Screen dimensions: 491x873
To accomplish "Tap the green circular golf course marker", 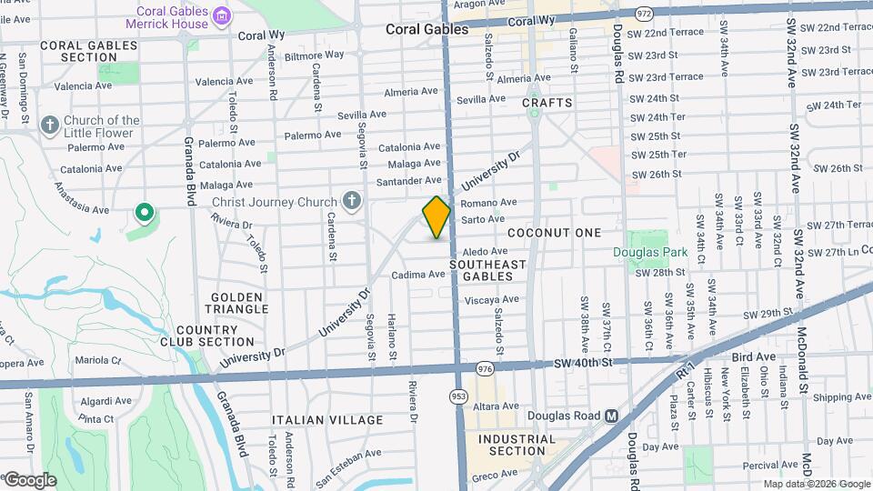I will pos(143,214).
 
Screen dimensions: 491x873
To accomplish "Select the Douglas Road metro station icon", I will pos(612,416).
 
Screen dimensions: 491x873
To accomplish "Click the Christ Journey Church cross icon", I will pos(352,201).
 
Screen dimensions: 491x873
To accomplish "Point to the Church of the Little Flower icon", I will pos(49,124).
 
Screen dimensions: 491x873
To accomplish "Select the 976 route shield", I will pos(485,369).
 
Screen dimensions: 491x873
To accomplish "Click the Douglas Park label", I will pos(649,252).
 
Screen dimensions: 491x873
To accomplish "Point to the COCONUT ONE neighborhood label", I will pos(555,233).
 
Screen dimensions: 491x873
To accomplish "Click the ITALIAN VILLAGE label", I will pos(328,420).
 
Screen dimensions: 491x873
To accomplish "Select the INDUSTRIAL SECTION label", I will pos(517,445).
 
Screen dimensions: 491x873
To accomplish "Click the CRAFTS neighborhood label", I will pos(547,103).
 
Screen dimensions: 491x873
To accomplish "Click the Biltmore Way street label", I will pos(315,55).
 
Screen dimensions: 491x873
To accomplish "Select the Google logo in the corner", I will pos(29,479).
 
